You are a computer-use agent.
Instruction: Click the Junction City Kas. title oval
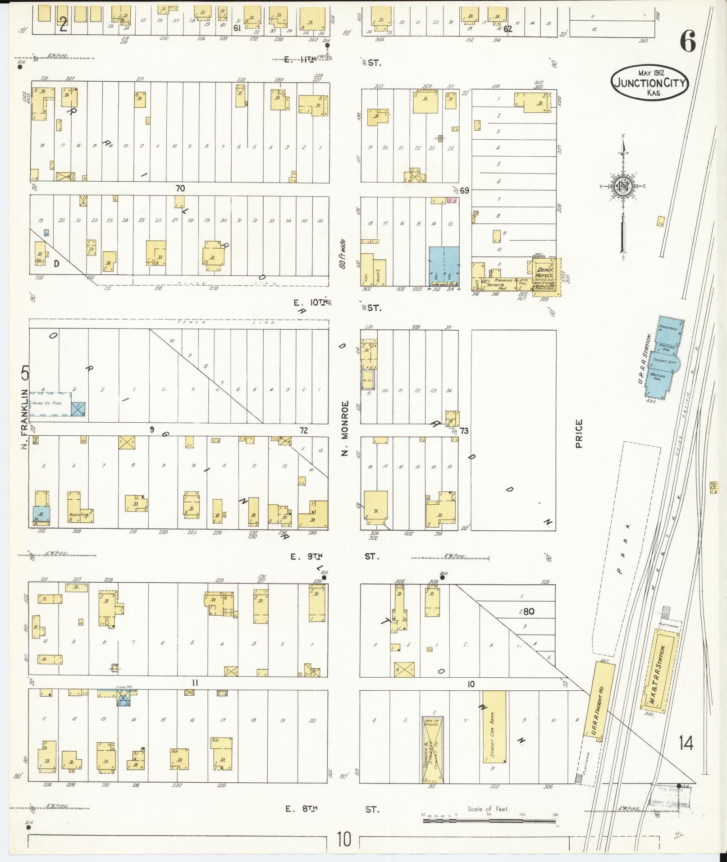coord(649,82)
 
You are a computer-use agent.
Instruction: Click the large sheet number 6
coord(688,43)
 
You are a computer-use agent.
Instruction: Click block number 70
coord(180,188)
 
